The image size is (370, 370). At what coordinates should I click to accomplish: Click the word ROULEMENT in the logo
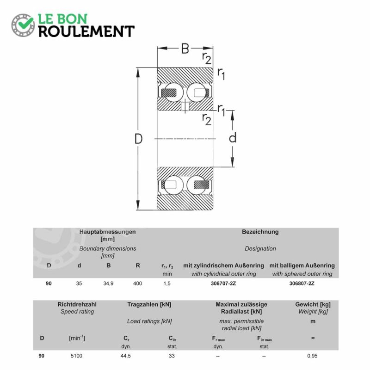(86, 31)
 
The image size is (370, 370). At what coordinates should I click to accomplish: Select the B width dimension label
(185, 49)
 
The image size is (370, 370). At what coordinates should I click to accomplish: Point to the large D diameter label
(138, 139)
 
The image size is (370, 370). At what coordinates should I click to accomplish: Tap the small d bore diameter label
(233, 137)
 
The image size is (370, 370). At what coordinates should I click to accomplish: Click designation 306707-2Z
(223, 284)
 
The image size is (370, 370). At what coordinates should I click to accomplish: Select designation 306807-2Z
(302, 284)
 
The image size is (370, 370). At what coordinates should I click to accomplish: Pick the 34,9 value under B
(108, 284)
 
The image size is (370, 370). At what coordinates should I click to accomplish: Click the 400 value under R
(137, 284)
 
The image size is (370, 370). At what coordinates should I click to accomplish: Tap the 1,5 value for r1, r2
(167, 284)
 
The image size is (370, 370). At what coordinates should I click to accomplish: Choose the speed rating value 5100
(76, 356)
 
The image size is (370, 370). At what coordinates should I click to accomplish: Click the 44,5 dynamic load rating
(125, 356)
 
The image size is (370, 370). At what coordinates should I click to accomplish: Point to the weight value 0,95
(312, 356)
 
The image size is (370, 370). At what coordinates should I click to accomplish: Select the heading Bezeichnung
(260, 232)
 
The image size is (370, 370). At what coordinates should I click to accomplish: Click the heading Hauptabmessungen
(107, 232)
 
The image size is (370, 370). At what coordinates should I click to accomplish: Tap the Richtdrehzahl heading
(77, 304)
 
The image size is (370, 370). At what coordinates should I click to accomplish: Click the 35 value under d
(79, 284)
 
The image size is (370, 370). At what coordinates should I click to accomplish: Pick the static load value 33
(172, 356)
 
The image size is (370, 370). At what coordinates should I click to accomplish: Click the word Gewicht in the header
(306, 304)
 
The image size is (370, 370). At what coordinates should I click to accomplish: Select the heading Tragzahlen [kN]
(149, 304)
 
